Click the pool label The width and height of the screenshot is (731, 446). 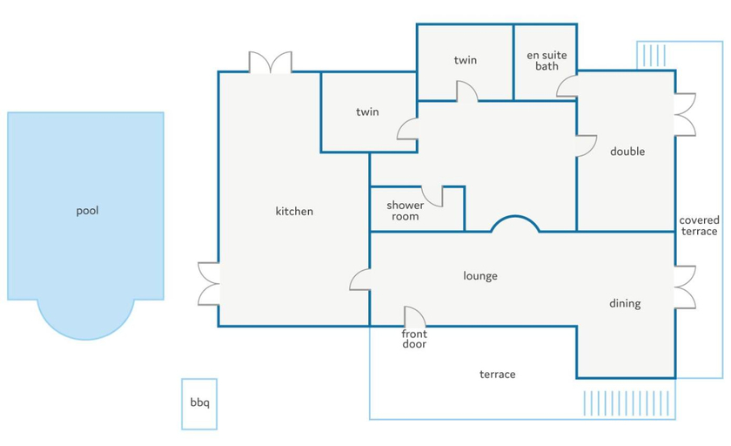click(x=87, y=211)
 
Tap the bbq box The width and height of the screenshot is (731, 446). click(x=199, y=403)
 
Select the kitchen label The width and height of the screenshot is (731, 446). click(x=294, y=212)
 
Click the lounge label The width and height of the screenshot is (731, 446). click(x=480, y=276)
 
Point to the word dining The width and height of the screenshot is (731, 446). click(x=625, y=304)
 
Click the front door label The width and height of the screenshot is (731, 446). click(x=414, y=339)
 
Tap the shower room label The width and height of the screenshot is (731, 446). click(x=406, y=211)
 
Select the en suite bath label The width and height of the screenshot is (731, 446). click(x=547, y=61)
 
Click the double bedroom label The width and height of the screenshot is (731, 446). click(x=627, y=152)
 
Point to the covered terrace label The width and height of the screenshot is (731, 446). click(x=699, y=226)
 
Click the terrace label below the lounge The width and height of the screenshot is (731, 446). click(x=498, y=375)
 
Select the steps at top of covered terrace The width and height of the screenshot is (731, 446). click(x=654, y=56)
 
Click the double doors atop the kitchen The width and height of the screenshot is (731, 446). click(x=271, y=62)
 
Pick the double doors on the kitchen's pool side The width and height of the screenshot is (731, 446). click(x=208, y=284)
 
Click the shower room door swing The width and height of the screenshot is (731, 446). click(x=433, y=197)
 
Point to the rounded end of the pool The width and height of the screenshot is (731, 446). click(x=86, y=337)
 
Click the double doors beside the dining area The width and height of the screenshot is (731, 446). click(x=685, y=287)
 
